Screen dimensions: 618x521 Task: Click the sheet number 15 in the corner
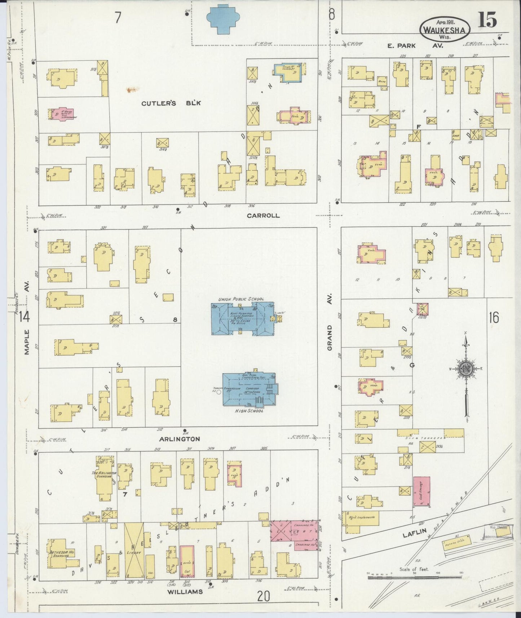(x=487, y=20)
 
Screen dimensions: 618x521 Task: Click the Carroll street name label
(x=263, y=216)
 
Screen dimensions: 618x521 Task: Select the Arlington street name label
(x=180, y=439)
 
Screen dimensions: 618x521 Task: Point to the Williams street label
(x=185, y=592)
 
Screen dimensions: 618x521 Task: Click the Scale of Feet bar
(x=415, y=577)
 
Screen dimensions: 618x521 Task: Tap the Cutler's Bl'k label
(x=171, y=103)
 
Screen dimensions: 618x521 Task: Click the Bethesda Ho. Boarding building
(x=58, y=553)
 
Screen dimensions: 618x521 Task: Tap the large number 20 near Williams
(x=264, y=597)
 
